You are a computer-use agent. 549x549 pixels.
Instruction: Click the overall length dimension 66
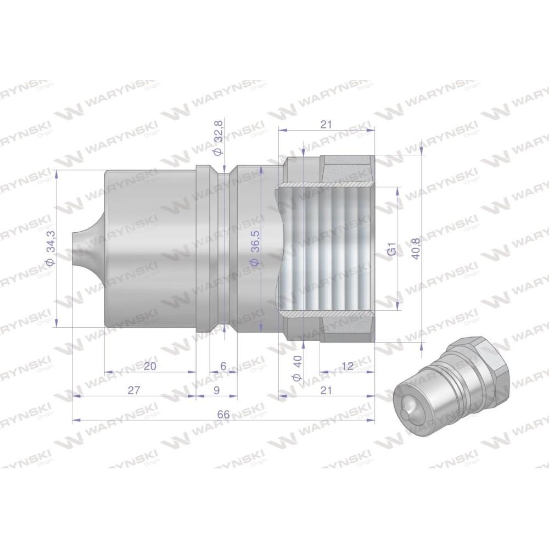[223, 414]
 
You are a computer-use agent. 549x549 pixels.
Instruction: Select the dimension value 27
[134, 390]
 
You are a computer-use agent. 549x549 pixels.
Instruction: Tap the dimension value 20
[149, 366]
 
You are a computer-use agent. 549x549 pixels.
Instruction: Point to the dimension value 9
[216, 390]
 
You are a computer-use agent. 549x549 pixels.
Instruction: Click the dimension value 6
[223, 366]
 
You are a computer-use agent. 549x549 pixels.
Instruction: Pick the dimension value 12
[347, 366]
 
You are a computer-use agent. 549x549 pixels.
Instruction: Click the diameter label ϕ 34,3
[50, 249]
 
